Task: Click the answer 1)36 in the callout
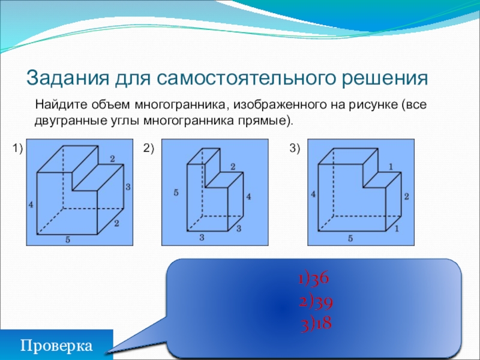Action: (x=313, y=280)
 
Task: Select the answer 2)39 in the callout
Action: (x=316, y=302)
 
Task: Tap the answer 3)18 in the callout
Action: (x=316, y=324)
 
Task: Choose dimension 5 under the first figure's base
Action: (x=68, y=240)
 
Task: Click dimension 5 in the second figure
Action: (x=176, y=193)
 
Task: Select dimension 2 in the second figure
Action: (x=232, y=166)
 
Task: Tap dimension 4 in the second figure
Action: (x=248, y=196)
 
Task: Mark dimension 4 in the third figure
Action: (x=313, y=194)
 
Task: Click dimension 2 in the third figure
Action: (x=406, y=197)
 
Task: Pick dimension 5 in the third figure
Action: (x=350, y=239)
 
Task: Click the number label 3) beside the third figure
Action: (x=295, y=148)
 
